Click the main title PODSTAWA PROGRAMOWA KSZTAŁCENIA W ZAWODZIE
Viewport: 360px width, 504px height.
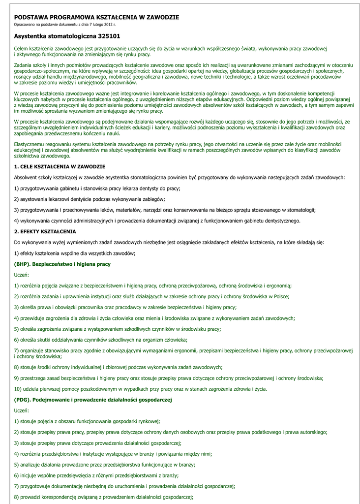pos(96,17)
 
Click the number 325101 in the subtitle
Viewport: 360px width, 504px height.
pos(109,36)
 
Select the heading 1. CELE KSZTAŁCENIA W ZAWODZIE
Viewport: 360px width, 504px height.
pos(60,167)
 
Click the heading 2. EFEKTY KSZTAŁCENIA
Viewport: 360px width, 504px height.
pos(45,231)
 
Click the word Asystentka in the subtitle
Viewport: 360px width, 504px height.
pos(30,36)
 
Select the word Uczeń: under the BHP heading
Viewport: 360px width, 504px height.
pos(22,275)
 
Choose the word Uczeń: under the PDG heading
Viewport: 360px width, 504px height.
pos(22,410)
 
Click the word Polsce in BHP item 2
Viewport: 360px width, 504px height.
pos(281,296)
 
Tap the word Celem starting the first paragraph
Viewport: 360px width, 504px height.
pos(21,48)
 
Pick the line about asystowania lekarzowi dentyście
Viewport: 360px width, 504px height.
pos(90,199)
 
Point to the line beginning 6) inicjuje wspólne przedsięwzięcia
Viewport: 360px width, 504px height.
pos(96,475)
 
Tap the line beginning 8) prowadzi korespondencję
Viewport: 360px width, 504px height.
pos(104,497)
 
